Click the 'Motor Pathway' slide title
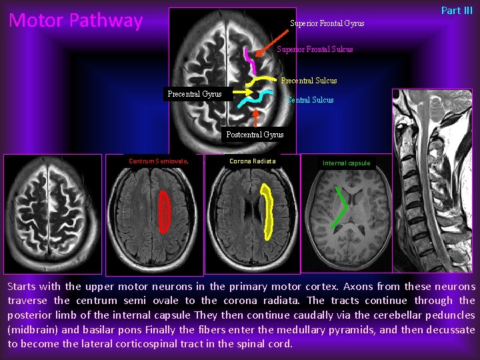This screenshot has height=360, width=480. (x=75, y=21)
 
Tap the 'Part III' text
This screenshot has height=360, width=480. (x=457, y=10)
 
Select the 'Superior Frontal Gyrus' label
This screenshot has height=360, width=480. (x=327, y=23)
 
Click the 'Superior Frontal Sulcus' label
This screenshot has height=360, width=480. (x=315, y=49)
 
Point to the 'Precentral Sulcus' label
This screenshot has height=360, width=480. (x=309, y=81)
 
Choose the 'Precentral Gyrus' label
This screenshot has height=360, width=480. (x=195, y=94)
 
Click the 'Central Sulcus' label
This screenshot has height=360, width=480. (x=310, y=100)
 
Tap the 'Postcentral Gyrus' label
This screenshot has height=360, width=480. (x=255, y=134)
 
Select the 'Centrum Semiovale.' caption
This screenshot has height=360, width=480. (x=158, y=161)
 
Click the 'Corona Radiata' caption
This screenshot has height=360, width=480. (x=252, y=161)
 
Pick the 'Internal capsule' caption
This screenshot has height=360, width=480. (x=346, y=163)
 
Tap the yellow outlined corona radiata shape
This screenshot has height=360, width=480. (x=269, y=213)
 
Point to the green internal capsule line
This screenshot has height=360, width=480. (x=342, y=207)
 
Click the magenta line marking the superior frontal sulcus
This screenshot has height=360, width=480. (x=250, y=61)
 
